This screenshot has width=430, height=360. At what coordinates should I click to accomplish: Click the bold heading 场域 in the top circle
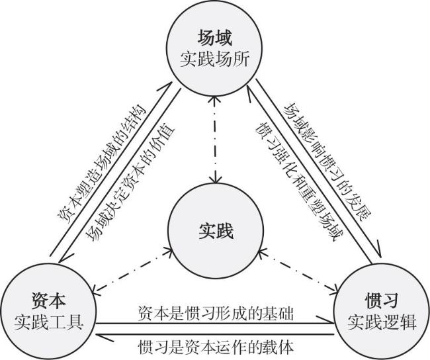[215, 38]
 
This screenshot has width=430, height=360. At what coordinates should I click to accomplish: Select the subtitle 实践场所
[215, 60]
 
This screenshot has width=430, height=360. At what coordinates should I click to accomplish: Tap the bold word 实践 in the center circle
[216, 231]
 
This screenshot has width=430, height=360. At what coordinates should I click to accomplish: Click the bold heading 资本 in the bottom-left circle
[48, 300]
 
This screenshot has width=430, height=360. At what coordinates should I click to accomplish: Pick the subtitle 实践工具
[48, 322]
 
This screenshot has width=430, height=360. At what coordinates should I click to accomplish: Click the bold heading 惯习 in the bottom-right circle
[382, 300]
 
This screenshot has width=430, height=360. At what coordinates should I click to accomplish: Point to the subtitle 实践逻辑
[382, 322]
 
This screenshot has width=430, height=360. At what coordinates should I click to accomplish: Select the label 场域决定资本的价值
[131, 183]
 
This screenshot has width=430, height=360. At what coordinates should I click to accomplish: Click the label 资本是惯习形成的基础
[215, 313]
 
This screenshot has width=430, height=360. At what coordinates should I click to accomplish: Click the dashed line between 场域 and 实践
[216, 140]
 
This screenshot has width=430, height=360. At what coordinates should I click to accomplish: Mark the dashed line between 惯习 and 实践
[300, 270]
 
